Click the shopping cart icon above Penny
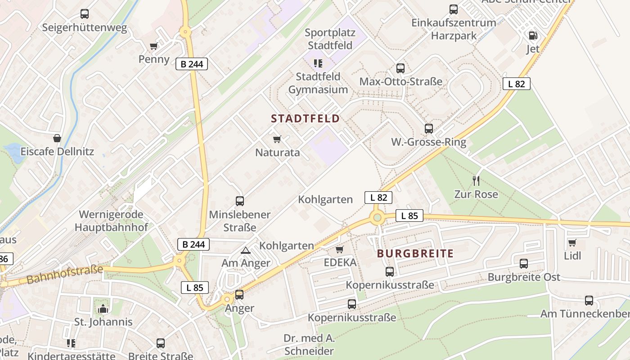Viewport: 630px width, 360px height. [154, 46]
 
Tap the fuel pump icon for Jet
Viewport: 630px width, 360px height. [532, 35]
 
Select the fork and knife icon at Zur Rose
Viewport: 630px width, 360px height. [476, 181]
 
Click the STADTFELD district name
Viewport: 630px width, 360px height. [305, 119]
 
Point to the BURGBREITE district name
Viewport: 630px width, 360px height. [415, 253]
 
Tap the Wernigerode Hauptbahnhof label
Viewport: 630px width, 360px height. [111, 220]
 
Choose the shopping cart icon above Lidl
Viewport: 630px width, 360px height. [572, 243]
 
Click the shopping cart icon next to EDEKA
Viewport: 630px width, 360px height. [339, 249]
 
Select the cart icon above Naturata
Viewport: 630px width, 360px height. [277, 139]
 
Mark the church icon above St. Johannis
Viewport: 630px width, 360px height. [103, 309]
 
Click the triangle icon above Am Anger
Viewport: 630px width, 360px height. [245, 250]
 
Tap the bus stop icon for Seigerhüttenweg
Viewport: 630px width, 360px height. [85, 14]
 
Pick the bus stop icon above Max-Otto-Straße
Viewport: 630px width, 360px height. [400, 68]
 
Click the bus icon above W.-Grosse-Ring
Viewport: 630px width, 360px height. [428, 129]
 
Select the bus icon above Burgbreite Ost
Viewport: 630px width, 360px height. [524, 264]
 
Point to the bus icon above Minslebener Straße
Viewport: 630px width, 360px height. [240, 201]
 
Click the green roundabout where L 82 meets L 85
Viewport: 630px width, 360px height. [377, 218]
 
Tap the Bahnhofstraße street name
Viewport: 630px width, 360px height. [65, 274]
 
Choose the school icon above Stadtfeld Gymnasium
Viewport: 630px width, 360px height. [318, 63]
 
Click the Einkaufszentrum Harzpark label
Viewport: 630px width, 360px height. [454, 29]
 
